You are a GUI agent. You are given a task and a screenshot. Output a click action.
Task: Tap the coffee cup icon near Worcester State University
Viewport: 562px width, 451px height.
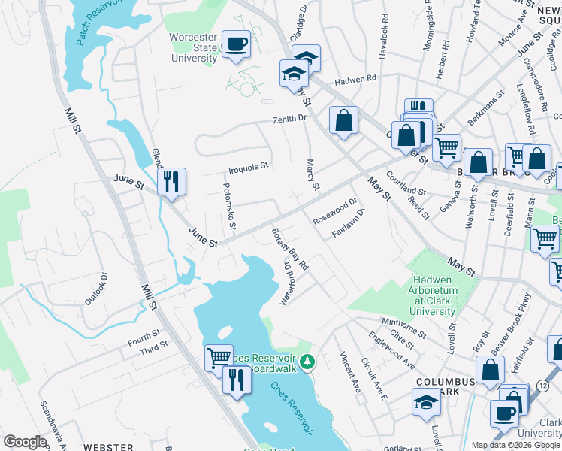pos(236,45)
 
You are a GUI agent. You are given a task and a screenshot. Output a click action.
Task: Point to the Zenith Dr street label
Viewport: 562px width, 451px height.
pos(290,119)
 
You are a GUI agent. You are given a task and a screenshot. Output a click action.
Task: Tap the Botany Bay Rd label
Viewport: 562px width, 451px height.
pos(290,248)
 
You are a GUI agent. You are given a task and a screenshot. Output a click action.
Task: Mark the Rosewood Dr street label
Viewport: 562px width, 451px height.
pos(335,207)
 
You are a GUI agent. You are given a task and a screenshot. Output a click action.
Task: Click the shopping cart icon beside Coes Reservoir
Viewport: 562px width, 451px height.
pos(219,357)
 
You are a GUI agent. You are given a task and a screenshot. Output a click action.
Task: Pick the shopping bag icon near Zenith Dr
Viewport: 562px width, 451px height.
pos(343,120)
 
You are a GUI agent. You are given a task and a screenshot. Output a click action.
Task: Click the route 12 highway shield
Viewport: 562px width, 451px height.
pos(542,386)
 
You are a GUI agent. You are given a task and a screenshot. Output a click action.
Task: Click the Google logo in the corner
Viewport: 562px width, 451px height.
pos(25,442)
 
